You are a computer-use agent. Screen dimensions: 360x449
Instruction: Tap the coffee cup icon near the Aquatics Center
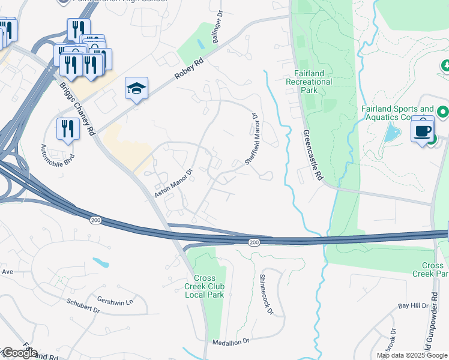tap(423, 130)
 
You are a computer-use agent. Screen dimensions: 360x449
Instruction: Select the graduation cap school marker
tap(137, 89)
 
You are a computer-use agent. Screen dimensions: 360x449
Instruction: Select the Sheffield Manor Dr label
tap(252, 139)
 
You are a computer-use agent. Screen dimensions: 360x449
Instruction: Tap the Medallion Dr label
tap(231, 341)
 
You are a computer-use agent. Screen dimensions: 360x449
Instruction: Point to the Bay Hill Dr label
tap(414, 305)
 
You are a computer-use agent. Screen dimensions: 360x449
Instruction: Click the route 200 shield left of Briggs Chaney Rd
tap(95, 221)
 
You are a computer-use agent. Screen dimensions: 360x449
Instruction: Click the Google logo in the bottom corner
tap(19, 353)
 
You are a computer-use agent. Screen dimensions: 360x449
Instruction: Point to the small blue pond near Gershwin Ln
tap(101, 262)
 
